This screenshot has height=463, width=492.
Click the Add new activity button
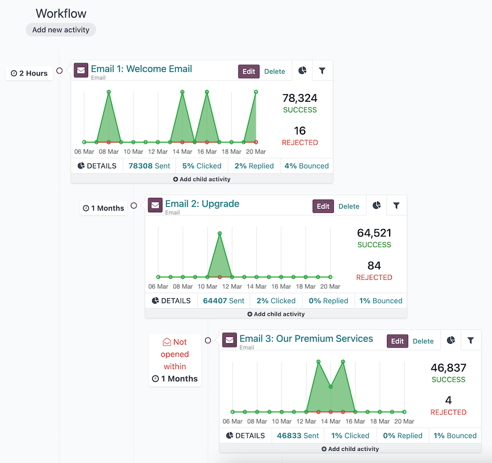tap(61, 30)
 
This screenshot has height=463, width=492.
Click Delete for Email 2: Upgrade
tap(349, 206)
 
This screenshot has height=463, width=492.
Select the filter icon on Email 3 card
tap(470, 341)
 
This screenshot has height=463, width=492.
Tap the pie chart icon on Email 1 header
tap(302, 71)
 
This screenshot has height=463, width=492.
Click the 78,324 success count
tap(300, 98)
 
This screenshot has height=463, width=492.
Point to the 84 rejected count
tap(374, 266)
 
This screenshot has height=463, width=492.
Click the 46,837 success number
tap(448, 368)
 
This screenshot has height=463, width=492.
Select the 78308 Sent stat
tap(149, 166)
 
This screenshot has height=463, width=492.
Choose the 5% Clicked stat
tap(201, 166)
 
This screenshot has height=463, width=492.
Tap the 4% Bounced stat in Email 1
tap(306, 166)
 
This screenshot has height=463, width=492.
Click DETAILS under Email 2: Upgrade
tap(171, 301)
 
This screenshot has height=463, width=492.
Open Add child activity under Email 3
tap(350, 449)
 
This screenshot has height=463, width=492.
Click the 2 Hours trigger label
tap(30, 73)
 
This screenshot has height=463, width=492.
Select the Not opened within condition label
tap(175, 354)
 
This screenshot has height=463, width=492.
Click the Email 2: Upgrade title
tap(202, 204)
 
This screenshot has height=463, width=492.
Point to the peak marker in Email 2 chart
tap(219, 233)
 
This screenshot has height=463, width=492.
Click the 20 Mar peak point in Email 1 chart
tap(256, 92)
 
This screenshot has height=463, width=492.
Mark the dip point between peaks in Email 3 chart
tap(331, 387)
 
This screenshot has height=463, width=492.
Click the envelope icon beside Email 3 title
tap(229, 341)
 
